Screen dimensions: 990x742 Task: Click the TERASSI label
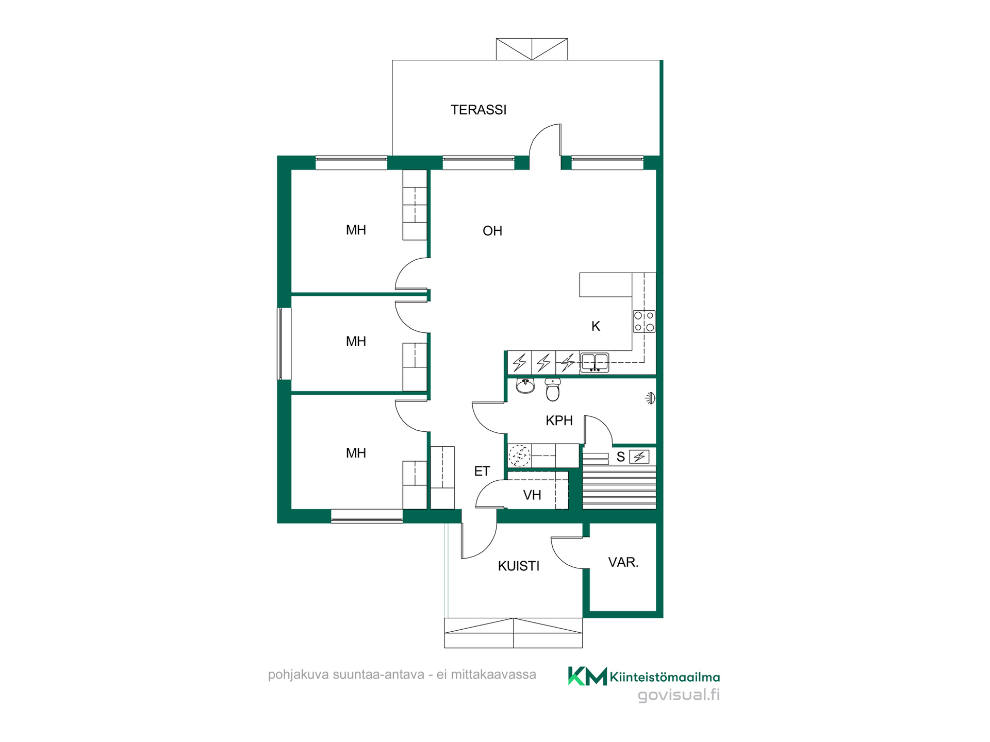tap(478, 110)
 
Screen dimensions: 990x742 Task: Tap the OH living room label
tap(492, 231)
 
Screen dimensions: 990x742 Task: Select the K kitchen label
tap(596, 326)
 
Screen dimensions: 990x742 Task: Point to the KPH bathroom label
tap(559, 420)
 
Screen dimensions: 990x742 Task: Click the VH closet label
tap(532, 495)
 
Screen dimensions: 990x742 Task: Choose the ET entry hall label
tap(482, 471)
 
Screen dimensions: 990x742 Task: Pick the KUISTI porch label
tap(519, 566)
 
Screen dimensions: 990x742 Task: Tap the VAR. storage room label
tap(623, 562)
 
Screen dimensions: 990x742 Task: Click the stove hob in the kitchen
tap(644, 321)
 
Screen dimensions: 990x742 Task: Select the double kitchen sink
tap(595, 362)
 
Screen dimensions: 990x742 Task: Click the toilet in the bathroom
tap(553, 390)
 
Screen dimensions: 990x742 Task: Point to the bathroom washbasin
tap(525, 385)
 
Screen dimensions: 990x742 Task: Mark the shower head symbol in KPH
tap(651, 398)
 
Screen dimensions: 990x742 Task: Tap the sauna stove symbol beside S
tap(639, 457)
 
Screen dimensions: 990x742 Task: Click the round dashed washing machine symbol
tap(519, 456)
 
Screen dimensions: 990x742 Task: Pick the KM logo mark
tap(587, 676)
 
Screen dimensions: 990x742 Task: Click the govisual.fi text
tap(679, 695)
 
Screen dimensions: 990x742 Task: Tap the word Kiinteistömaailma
tap(665, 677)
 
